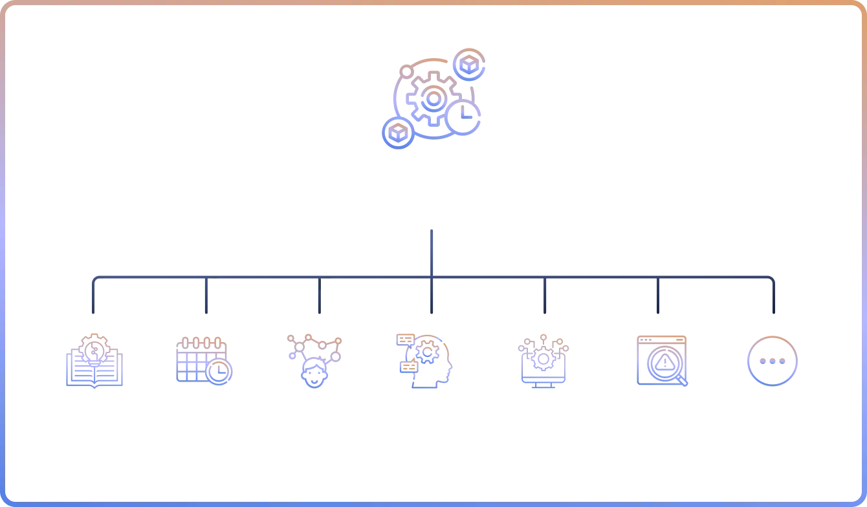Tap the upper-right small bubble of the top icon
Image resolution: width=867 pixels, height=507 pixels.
click(x=468, y=65)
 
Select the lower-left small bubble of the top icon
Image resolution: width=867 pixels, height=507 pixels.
click(x=397, y=133)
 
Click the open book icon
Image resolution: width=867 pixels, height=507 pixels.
click(x=93, y=362)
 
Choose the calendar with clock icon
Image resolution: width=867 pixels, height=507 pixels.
click(x=204, y=361)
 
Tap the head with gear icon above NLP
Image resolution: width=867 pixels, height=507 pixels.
click(x=424, y=361)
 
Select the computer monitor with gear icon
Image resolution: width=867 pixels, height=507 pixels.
click(x=543, y=363)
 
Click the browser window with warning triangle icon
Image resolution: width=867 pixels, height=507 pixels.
click(x=662, y=360)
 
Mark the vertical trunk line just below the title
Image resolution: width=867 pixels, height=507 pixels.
click(x=432, y=252)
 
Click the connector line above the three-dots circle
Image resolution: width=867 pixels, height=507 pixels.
click(x=773, y=297)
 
